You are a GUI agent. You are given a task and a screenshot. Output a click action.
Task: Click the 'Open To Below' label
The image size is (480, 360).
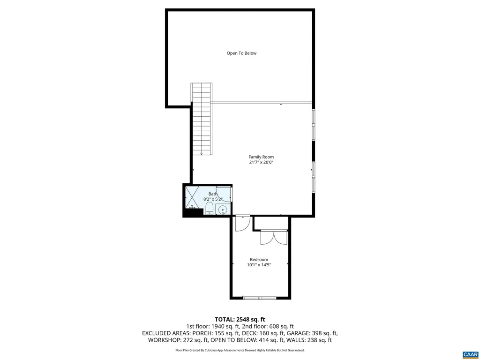241,53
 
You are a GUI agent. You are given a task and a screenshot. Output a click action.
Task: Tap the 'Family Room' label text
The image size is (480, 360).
261,157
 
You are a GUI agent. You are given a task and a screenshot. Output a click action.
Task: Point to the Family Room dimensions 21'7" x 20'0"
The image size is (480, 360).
261,163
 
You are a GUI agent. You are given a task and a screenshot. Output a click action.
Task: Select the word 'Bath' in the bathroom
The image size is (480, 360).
213,194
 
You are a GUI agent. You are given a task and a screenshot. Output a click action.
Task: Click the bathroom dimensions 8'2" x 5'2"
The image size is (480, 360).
212,199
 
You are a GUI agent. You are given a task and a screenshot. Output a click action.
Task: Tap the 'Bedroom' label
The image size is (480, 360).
259,260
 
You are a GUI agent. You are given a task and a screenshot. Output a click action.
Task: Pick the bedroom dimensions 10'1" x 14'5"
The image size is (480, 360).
259,265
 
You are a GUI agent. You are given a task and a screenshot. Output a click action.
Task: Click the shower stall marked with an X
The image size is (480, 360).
192,197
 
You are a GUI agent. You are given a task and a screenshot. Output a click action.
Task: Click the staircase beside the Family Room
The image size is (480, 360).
202,119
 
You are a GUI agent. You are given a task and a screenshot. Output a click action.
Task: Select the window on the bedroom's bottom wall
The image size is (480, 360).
259,298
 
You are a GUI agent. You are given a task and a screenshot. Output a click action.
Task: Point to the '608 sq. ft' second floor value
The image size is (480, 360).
280,326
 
